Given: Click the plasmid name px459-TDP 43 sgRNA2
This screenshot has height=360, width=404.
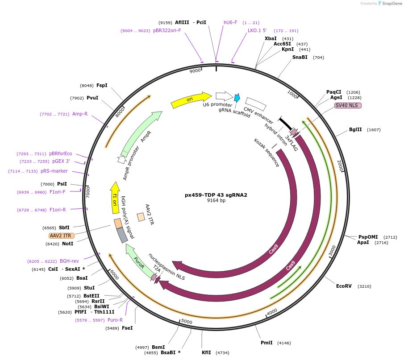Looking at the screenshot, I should click(216, 195).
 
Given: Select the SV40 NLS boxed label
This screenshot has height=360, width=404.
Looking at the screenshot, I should click(348, 105).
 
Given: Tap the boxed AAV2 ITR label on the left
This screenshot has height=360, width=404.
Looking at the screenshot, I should click(62, 236).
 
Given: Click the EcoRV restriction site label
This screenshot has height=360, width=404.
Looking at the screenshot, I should click(344, 286).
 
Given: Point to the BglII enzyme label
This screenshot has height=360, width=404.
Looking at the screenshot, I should click(355, 130).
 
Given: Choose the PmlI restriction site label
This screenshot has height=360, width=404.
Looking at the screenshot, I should click(267, 343).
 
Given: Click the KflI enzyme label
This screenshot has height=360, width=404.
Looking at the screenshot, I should click(206, 352).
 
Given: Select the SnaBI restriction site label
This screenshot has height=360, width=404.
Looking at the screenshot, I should click(300, 57).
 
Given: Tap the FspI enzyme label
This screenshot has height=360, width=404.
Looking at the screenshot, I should click(102, 85).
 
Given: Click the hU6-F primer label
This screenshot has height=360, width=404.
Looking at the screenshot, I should click(230, 22).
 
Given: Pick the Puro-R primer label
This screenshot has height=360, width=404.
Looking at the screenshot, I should click(115, 320).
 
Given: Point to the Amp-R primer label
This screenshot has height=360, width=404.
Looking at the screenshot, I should click(80, 114).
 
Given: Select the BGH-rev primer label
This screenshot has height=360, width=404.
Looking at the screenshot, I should click(69, 261).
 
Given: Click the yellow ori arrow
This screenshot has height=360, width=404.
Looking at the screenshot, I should click(191, 99).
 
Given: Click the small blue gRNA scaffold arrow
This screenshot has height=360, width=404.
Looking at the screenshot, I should click(237, 98).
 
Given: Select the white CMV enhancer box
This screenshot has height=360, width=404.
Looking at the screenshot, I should click(256, 103).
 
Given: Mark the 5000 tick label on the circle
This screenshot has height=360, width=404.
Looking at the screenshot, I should click(187, 322).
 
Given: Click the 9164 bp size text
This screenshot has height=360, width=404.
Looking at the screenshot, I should click(216, 201).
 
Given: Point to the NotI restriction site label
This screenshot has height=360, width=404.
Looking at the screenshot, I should click(67, 244).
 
